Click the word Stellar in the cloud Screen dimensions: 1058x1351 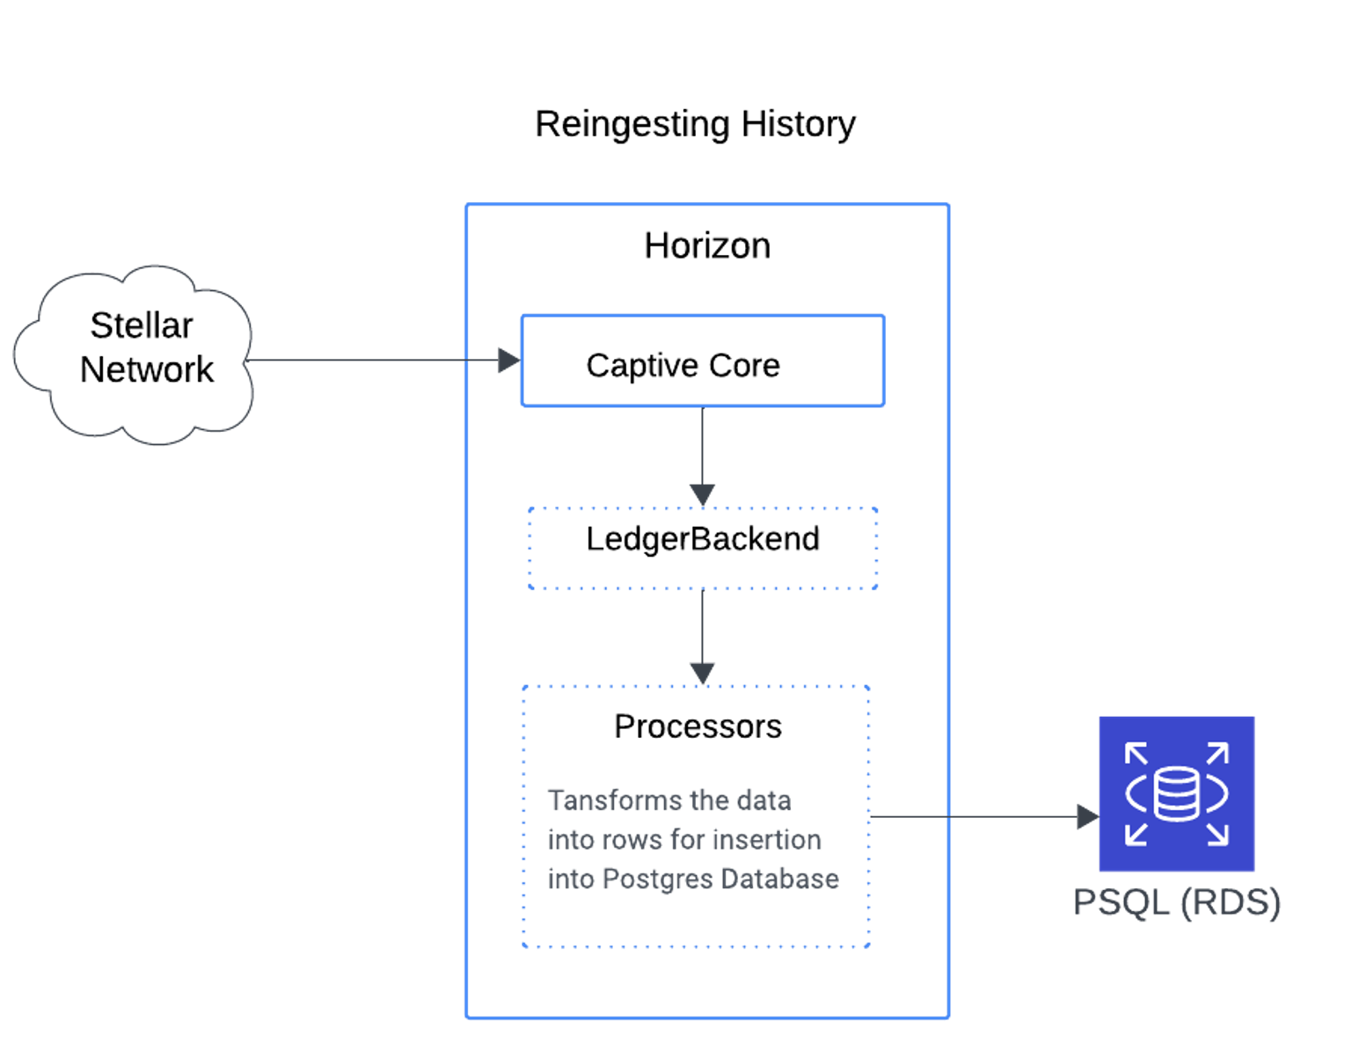[141, 326]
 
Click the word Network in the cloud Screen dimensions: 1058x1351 [146, 370]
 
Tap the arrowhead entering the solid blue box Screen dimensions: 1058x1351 [508, 360]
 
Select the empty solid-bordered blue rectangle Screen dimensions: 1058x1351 [702, 360]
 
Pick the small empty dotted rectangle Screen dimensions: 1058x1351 [702, 549]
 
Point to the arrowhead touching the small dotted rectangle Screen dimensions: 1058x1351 [702, 495]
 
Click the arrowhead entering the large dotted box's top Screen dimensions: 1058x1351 [702, 673]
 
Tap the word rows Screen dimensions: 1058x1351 [630, 840]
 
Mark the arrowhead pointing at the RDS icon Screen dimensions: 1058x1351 [1087, 816]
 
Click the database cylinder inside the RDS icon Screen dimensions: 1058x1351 [1176, 793]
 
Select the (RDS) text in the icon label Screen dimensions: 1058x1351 [1231, 903]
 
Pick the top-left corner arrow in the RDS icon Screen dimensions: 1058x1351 [1136, 754]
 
